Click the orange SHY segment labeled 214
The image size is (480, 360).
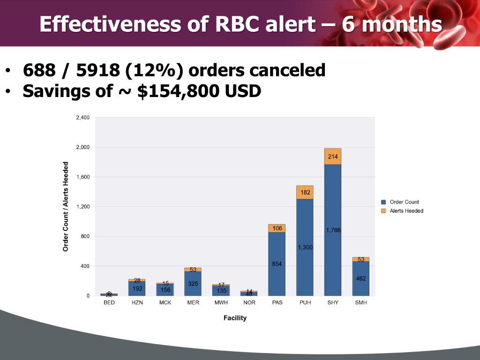(x=333, y=157)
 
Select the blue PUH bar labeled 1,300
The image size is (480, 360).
(x=305, y=247)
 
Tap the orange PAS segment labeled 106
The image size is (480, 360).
(x=277, y=228)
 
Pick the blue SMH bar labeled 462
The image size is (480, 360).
(x=361, y=278)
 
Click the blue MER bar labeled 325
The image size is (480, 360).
(x=193, y=284)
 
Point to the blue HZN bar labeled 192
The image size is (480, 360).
(x=137, y=288)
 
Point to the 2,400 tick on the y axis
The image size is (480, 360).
(x=82, y=118)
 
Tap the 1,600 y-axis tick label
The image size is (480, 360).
(x=82, y=177)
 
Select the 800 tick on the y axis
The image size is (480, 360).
(x=85, y=236)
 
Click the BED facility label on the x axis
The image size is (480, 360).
(x=109, y=303)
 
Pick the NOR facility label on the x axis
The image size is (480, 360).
(x=249, y=303)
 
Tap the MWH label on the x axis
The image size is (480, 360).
(x=221, y=303)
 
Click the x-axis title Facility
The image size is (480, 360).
(x=235, y=318)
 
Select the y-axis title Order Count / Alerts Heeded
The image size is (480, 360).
(x=66, y=206)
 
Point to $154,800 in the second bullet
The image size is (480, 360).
(x=178, y=91)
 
